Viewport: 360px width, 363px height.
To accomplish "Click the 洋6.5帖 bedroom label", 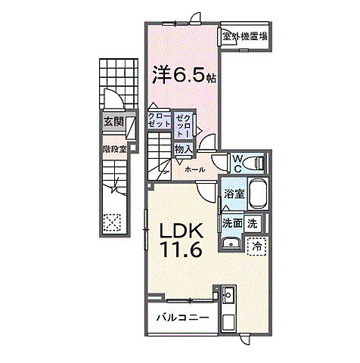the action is coord(185,75).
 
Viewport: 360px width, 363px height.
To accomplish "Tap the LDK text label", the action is coord(181,231).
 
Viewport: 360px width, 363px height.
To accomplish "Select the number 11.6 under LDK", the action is coord(182,249).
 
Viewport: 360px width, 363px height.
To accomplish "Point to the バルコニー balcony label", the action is coord(183,317).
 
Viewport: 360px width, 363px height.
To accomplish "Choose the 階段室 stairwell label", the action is coord(114,149).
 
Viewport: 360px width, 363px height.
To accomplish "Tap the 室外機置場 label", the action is coord(245,36).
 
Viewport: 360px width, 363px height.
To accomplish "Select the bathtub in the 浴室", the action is coord(258,194).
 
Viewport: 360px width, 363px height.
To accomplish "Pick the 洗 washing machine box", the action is coord(253,223).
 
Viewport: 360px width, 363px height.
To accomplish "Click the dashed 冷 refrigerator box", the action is coord(256,247).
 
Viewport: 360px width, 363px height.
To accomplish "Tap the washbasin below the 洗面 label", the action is coord(231,244).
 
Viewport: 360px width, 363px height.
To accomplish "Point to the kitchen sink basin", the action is coord(228,294).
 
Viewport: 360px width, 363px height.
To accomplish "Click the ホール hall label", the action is coord(194,169).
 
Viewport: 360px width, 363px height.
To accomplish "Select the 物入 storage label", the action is coord(184,150).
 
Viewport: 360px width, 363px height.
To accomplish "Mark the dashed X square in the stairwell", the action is coord(112,222).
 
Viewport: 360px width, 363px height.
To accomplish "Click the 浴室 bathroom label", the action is coord(234,194).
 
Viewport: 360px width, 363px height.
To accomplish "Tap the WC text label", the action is coord(237,163).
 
